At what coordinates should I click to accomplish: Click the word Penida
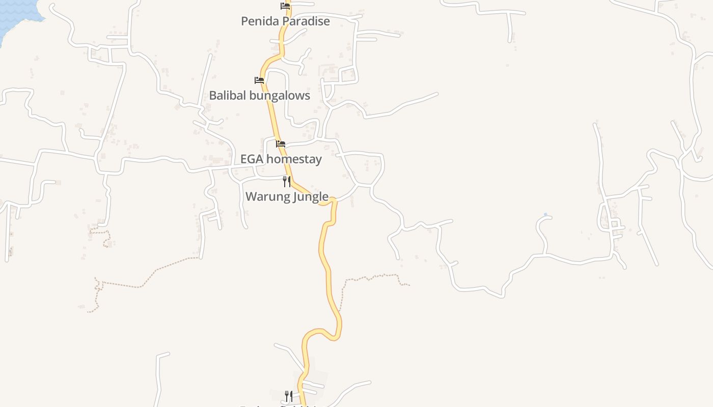[259, 21]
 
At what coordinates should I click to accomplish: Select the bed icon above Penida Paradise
[285, 6]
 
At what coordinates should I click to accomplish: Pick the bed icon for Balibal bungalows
[259, 80]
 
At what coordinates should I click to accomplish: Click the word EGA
[252, 159]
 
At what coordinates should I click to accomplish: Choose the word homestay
[294, 159]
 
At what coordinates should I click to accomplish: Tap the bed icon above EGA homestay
[281, 144]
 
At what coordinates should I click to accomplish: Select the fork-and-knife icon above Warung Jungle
[287, 182]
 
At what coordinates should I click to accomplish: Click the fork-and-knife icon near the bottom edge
[289, 396]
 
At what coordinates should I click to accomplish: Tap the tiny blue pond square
[545, 215]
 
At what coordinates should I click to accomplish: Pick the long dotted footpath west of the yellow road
[153, 275]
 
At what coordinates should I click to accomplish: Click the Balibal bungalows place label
[259, 96]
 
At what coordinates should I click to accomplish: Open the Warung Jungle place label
[287, 196]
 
